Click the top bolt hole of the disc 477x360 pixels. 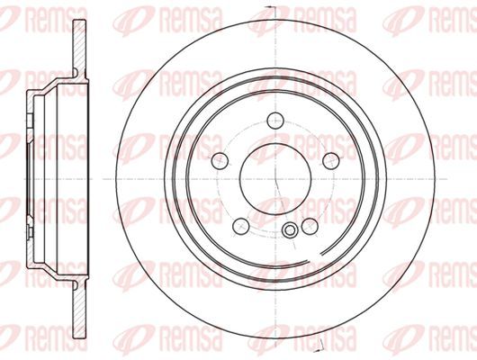(x=275, y=121)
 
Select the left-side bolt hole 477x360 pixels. (x=220, y=160)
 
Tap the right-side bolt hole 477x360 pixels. (x=331, y=160)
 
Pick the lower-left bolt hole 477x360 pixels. (x=241, y=226)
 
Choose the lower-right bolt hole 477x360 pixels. (x=310, y=226)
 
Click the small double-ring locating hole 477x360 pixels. (x=290, y=229)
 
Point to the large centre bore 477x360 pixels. (x=275, y=179)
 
